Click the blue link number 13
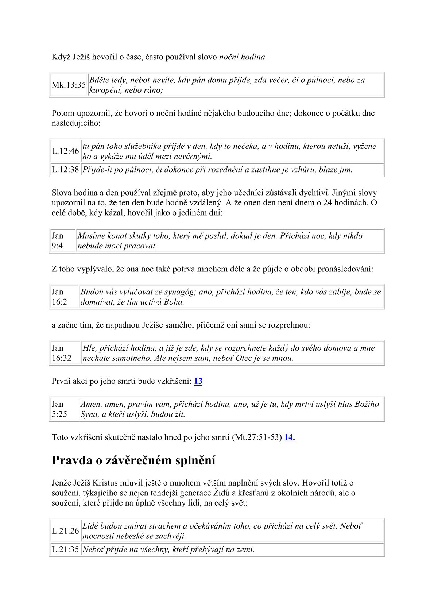point(198,381)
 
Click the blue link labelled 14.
point(289,437)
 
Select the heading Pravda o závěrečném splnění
point(133,460)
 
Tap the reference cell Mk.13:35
point(69,85)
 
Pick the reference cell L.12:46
point(65,151)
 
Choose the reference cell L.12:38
point(65,170)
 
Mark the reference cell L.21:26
point(65,531)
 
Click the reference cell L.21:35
point(65,549)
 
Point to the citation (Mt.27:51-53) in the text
point(256,437)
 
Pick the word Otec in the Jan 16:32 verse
point(244,358)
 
